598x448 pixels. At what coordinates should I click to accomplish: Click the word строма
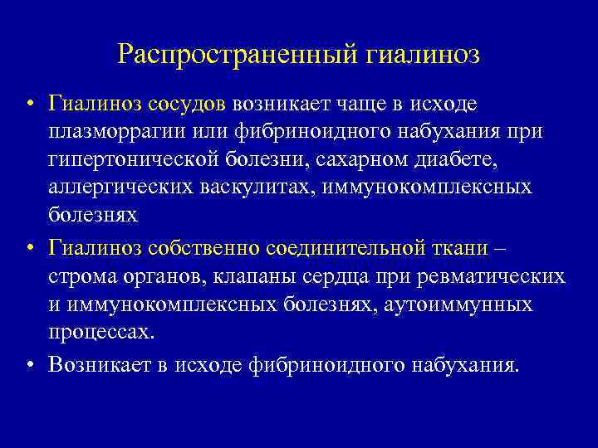[79, 275]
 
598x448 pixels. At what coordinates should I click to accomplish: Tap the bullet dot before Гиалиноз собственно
[29, 249]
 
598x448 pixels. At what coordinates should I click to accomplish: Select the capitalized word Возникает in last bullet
[95, 364]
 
